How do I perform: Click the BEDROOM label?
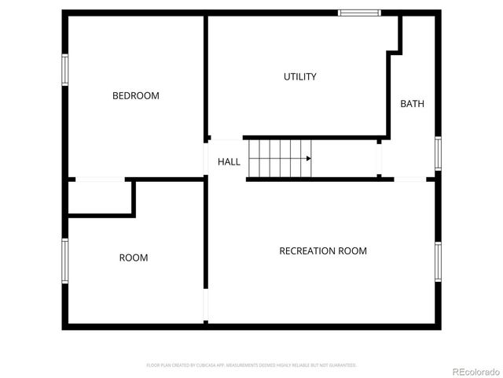(135, 96)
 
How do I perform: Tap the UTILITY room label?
(299, 76)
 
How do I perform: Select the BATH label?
(412, 104)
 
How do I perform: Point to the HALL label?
(229, 161)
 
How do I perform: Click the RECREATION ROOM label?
(323, 251)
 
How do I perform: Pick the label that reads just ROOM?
(133, 258)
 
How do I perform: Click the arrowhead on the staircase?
(309, 158)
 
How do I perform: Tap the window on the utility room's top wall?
(359, 13)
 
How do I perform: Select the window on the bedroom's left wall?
(65, 69)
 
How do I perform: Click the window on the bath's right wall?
(438, 153)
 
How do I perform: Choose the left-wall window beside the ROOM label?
(65, 259)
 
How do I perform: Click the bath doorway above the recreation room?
(409, 180)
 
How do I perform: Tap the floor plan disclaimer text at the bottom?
(251, 365)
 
